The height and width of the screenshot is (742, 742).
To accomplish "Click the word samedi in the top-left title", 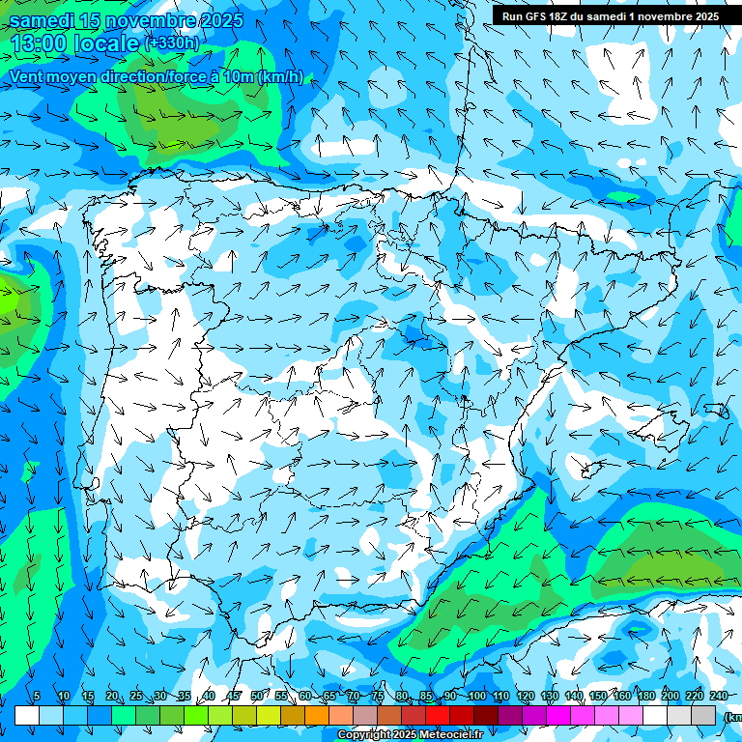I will click(42, 20).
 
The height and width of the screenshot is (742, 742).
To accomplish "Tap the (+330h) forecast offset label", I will click(171, 43).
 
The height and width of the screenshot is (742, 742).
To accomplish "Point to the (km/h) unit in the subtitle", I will click(280, 76).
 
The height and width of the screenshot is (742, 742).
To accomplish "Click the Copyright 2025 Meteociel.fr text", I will click(410, 735).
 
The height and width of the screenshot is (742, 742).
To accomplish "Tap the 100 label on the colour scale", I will click(477, 697).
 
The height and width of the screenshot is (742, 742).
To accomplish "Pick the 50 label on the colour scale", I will click(256, 697).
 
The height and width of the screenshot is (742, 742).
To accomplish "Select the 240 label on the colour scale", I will click(719, 697).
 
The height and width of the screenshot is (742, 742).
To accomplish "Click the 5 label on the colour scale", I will click(37, 697).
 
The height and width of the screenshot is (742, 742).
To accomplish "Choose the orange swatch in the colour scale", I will click(317, 715).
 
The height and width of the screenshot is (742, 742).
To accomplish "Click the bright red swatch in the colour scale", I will click(438, 715).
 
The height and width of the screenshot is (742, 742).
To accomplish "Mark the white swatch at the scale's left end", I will click(27, 715).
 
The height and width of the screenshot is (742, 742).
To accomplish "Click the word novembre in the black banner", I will click(666, 16).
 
